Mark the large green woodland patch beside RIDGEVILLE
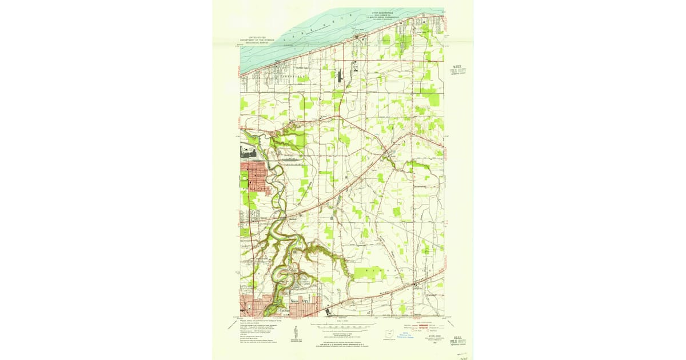pyautogui.click(x=369, y=273)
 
